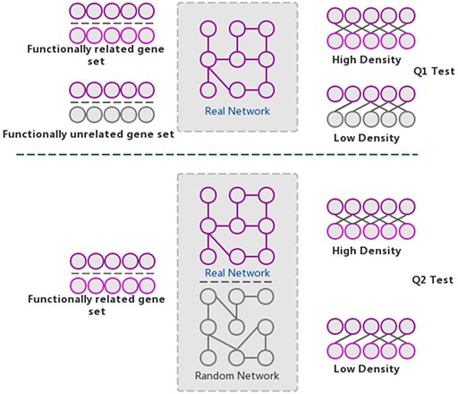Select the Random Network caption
pos(237,375)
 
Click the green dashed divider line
pos(215,155)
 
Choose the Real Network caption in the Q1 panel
pos(237,111)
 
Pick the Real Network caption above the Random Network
pos(237,270)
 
